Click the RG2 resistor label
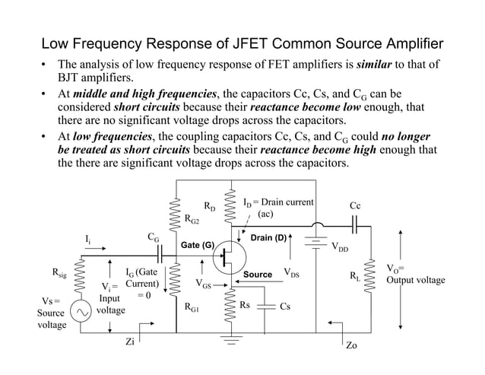coord(192,220)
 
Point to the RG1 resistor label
coord(192,308)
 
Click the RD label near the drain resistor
coord(209,206)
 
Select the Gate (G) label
coord(197,245)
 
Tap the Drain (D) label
coord(268,238)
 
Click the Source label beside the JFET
coord(258,273)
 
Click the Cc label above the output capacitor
coord(355,205)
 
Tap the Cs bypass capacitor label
coord(285,307)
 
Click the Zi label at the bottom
coord(130,342)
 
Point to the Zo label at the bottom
coord(351,345)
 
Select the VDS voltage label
coord(291,272)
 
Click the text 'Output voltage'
coord(416,281)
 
